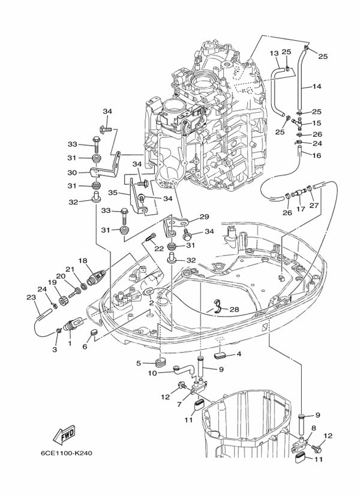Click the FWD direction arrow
point(63,434)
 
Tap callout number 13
point(274,53)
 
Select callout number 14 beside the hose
point(317,87)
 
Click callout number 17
point(301,210)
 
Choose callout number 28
point(235,309)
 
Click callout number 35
point(112,193)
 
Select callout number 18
point(83,261)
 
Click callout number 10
point(152,373)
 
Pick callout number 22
point(159,249)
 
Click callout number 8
point(313,427)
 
